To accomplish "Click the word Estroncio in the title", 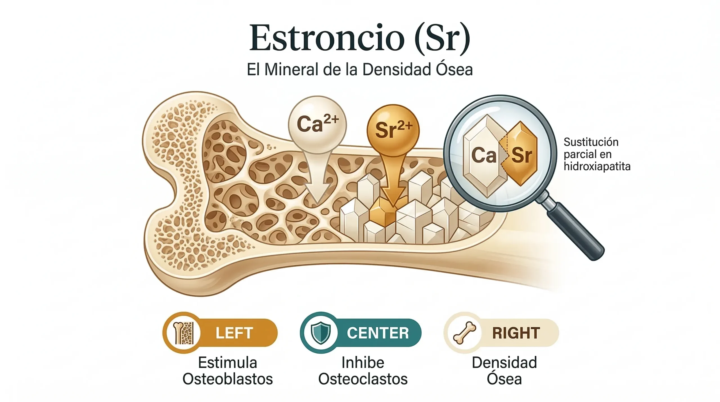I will click(327, 38).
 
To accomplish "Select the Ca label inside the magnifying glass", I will click(484, 155).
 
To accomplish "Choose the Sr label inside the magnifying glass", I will click(522, 155).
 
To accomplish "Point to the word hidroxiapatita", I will click(597, 167).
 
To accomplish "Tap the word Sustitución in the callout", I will click(591, 142).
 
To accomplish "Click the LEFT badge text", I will click(234, 333).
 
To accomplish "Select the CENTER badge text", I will click(378, 333).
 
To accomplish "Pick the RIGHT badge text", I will click(516, 333).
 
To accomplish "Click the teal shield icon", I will click(320, 333).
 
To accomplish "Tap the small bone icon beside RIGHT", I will click(464, 333).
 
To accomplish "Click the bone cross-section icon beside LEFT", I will click(184, 333).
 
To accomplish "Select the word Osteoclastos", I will click(363, 379).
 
